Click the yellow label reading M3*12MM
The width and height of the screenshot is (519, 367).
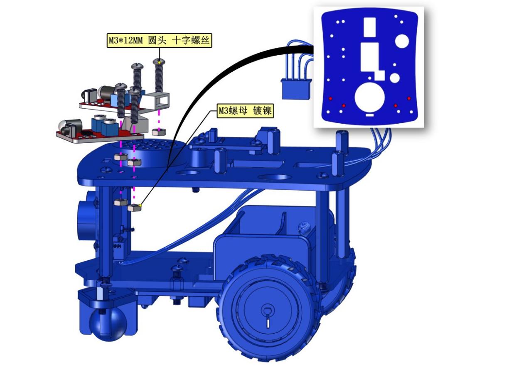click(x=159, y=41)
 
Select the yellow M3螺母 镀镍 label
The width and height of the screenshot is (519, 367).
click(x=245, y=111)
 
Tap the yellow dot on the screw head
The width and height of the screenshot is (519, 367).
click(x=160, y=63)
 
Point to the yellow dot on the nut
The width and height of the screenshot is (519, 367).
click(x=140, y=205)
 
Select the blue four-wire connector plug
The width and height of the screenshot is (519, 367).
click(x=296, y=89)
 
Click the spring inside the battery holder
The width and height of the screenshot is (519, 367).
click(x=303, y=228)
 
